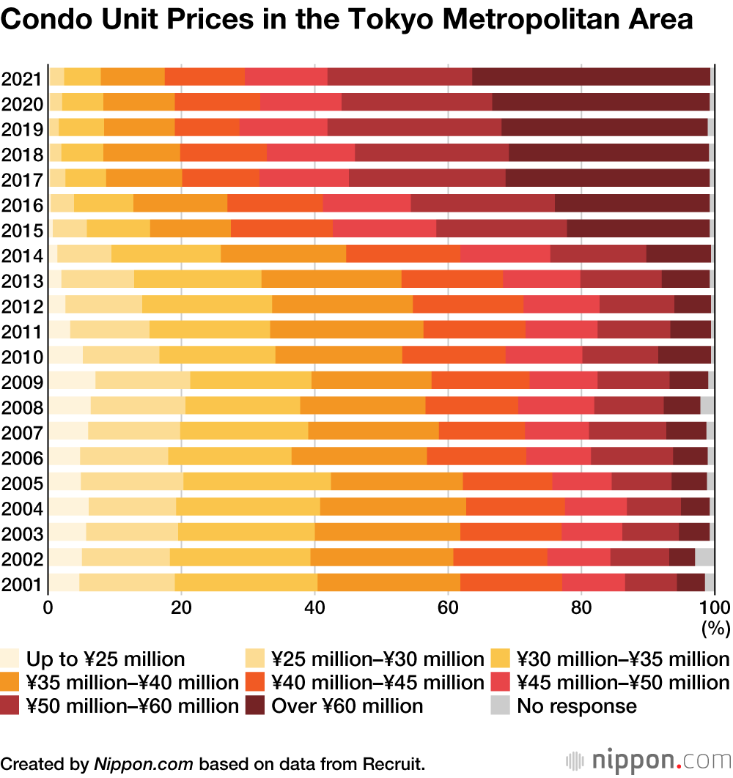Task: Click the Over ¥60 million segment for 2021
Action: pyautogui.click(x=591, y=76)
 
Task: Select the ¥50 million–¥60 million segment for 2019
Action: pyautogui.click(x=414, y=127)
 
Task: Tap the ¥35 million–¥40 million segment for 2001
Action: pyautogui.click(x=388, y=583)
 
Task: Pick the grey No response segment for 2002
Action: pyautogui.click(x=704, y=557)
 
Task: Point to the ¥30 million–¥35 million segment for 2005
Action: pyautogui.click(x=257, y=481)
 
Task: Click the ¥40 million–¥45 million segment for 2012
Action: pyautogui.click(x=468, y=304)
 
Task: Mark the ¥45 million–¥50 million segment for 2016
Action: pyautogui.click(x=366, y=203)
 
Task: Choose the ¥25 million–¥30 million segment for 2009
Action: pyautogui.click(x=142, y=380)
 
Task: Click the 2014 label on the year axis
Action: pyautogui.click(x=22, y=256)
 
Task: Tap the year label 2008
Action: pyautogui.click(x=22, y=407)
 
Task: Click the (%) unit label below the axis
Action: pyautogui.click(x=713, y=628)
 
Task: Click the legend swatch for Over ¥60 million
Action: pyautogui.click(x=254, y=706)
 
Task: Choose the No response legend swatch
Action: pyautogui.click(x=500, y=706)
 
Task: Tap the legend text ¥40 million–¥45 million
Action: pyautogui.click(x=377, y=683)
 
